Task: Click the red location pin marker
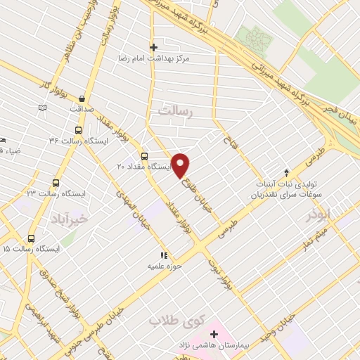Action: point(181,165)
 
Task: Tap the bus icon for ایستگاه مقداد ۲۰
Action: point(144,156)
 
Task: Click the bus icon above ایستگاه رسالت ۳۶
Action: point(77,130)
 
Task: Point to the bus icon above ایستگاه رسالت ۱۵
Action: point(30,238)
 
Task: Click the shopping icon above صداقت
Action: point(83,98)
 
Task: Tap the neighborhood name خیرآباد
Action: point(70,219)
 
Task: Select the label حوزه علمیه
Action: point(164,267)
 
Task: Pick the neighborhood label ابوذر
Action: point(317,215)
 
